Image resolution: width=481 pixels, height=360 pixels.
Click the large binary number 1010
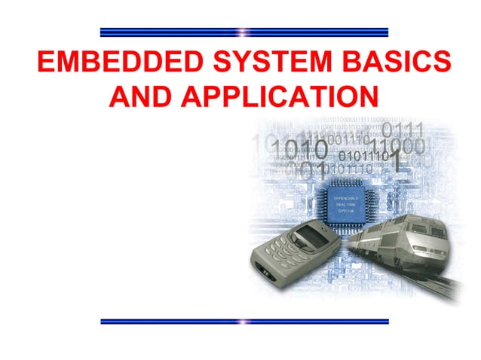pos(299,149)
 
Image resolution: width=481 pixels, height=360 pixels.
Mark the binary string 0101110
pos(363,157)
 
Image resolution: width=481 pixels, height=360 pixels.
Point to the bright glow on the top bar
pos(243,32)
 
